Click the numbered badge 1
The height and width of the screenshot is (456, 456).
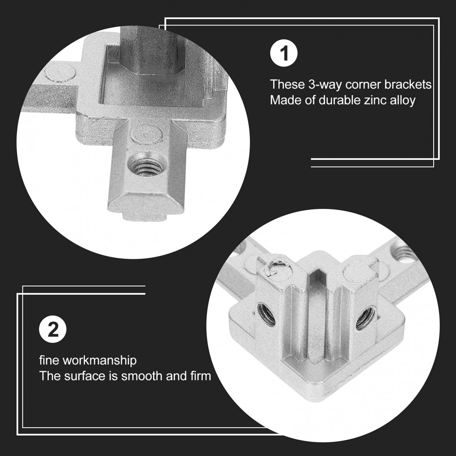click(x=284, y=54)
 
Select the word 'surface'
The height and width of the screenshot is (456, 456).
click(x=85, y=376)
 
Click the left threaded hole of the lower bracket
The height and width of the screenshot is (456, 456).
click(x=266, y=313)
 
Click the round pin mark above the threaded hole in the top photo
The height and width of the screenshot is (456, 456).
click(x=147, y=136)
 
